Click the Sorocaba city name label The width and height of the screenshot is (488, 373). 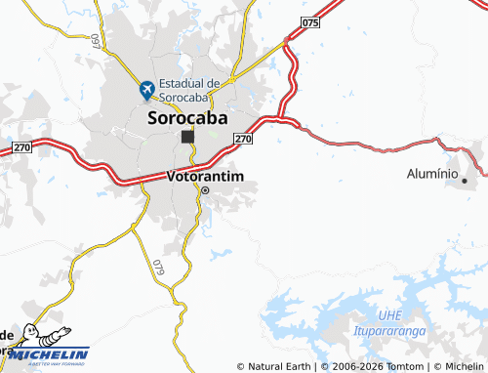coord(187,118)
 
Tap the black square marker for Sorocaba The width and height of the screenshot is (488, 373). coord(186,138)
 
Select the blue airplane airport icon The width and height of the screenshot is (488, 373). coord(147,90)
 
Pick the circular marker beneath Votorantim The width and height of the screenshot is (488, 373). coord(205,191)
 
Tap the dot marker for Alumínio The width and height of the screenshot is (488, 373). coord(465,181)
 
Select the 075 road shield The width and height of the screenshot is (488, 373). coord(311,21)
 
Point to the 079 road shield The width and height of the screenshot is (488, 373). coord(158,266)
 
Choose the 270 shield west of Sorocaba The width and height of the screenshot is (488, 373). coord(22,146)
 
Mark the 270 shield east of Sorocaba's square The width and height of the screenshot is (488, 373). coord(244,140)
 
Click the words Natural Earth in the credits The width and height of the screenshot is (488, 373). coord(277,367)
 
